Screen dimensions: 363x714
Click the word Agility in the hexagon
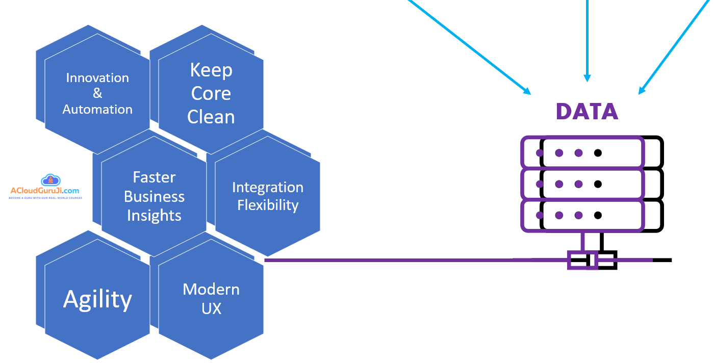(x=97, y=299)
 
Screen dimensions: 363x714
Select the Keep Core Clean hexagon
(x=211, y=94)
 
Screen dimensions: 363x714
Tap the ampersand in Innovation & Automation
(x=97, y=93)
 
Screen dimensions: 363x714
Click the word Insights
(x=154, y=216)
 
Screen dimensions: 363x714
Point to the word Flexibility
(x=268, y=205)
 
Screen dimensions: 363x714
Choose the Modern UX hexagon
(x=211, y=299)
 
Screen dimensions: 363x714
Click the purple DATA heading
(x=586, y=112)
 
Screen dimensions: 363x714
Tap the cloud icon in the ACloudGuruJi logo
(x=50, y=180)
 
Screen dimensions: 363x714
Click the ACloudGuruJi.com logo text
(x=45, y=191)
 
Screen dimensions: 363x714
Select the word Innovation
(x=97, y=78)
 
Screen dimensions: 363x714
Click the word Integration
(x=268, y=188)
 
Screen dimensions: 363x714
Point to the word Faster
(x=154, y=177)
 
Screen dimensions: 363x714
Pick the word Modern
(x=211, y=290)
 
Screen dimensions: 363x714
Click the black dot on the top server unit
(x=598, y=152)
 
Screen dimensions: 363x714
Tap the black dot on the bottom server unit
(x=598, y=215)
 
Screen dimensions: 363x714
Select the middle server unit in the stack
(x=592, y=184)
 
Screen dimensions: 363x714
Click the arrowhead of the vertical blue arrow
(x=587, y=78)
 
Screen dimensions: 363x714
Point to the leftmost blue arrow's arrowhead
(x=527, y=92)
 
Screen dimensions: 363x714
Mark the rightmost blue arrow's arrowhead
(x=642, y=91)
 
